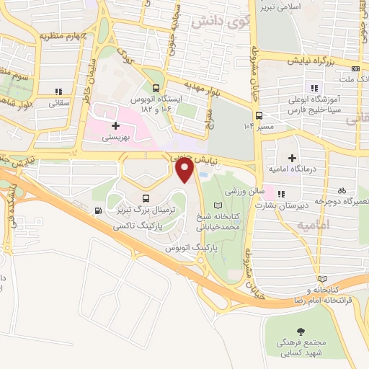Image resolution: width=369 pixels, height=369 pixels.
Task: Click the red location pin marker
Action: [185, 169]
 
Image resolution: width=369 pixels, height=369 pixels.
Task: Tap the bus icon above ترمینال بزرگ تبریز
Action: [147, 198]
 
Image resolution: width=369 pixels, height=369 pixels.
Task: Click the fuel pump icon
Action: [98, 211]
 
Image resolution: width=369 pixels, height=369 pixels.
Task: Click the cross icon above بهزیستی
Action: [115, 125]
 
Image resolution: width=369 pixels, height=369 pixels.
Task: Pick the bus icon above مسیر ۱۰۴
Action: [259, 115]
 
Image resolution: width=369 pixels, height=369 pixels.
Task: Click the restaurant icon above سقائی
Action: [58, 92]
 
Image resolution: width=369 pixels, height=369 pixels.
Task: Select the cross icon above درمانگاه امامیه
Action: [292, 157]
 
